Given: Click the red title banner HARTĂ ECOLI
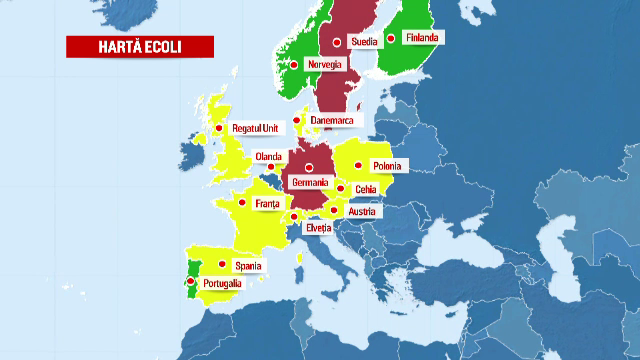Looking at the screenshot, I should (x=126, y=47).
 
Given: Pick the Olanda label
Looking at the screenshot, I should (x=268, y=156).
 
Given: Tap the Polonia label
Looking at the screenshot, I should (x=386, y=166).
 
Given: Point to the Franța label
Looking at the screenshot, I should (x=268, y=204).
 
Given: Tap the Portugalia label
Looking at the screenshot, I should (x=222, y=284).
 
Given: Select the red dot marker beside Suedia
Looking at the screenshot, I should (x=337, y=42).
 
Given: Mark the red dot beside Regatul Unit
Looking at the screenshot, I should (x=218, y=128).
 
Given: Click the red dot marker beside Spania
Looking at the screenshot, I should (x=222, y=264).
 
